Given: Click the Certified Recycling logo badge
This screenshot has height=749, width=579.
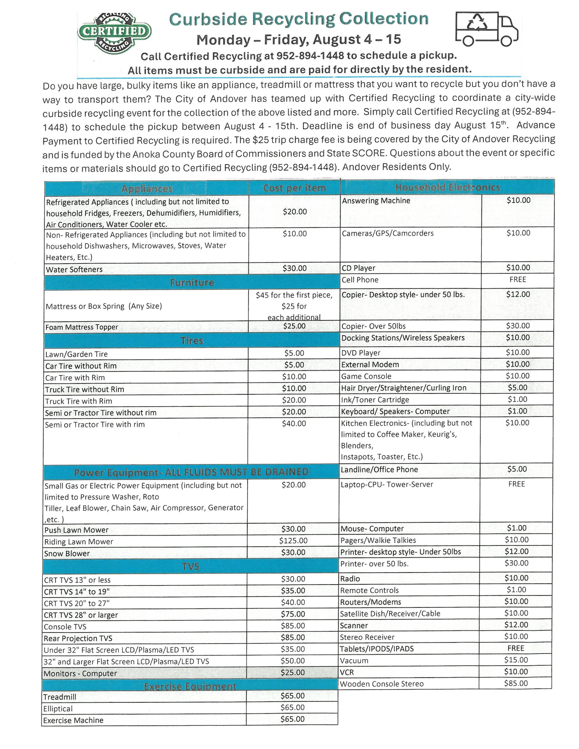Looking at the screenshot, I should (x=114, y=33).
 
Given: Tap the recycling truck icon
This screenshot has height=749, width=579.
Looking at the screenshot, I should (x=486, y=29).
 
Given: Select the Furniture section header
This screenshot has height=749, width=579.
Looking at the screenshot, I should (x=192, y=282).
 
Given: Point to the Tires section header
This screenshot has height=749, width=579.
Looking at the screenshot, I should (x=192, y=340).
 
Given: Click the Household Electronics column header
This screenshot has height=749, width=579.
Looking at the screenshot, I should (x=447, y=187).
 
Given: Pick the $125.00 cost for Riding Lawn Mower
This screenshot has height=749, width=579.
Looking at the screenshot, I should (x=293, y=541).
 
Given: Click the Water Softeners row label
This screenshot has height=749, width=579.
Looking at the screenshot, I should (x=74, y=269).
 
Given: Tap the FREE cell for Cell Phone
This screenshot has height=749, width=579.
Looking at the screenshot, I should (x=517, y=279).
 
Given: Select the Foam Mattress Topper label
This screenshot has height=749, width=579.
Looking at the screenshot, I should (x=82, y=327).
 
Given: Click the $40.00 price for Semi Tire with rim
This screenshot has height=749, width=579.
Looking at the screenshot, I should (x=294, y=423).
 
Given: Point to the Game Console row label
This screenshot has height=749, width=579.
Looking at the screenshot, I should (x=366, y=376).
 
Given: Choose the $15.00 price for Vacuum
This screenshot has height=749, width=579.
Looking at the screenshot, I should (x=516, y=659).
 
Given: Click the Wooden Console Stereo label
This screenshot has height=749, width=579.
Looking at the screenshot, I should (x=381, y=684).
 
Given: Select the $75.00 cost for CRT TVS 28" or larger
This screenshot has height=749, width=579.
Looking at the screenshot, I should (x=293, y=614).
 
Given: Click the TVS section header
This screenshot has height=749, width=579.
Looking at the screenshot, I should (x=191, y=566).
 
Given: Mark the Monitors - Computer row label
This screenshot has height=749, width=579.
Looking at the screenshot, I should (x=80, y=674).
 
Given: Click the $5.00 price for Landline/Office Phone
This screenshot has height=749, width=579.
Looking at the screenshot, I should (x=516, y=469).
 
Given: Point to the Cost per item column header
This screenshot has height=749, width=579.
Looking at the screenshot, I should (x=294, y=188).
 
